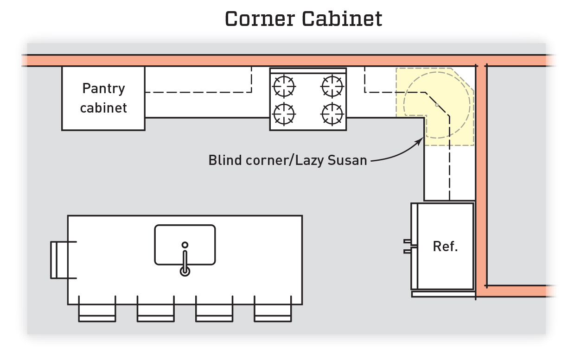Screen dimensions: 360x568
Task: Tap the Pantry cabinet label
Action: tap(103, 98)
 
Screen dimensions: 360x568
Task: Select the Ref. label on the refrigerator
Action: tap(445, 246)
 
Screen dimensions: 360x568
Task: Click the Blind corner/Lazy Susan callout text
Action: tap(287, 160)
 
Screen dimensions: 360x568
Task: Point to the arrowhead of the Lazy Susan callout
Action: tap(421, 140)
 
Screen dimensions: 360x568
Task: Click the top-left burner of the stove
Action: tap(284, 86)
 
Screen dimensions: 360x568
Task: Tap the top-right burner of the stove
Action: tap(332, 86)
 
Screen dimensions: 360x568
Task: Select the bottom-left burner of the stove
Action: tap(284, 114)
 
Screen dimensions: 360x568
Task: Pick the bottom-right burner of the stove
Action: tap(332, 114)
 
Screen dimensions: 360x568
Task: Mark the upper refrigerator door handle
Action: tap(407, 241)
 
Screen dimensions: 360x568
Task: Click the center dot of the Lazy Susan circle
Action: tap(437, 105)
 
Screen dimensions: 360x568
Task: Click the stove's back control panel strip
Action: tap(308, 70)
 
